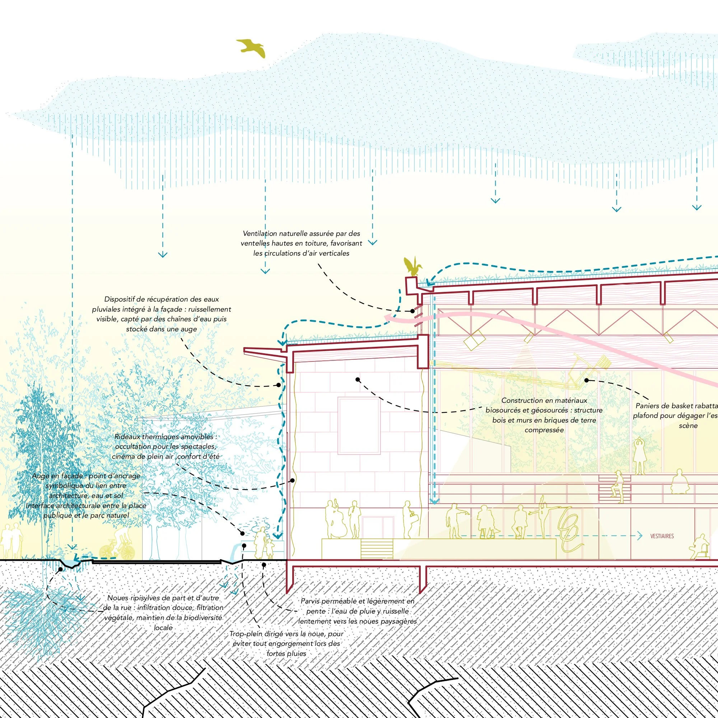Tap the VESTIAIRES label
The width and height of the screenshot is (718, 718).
point(662,536)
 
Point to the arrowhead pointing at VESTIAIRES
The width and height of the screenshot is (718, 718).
point(640,536)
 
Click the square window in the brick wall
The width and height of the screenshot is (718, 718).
point(359,425)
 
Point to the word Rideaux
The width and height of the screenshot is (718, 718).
point(127,437)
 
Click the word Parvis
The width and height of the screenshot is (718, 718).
point(310,601)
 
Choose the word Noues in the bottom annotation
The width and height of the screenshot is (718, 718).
point(117,598)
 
